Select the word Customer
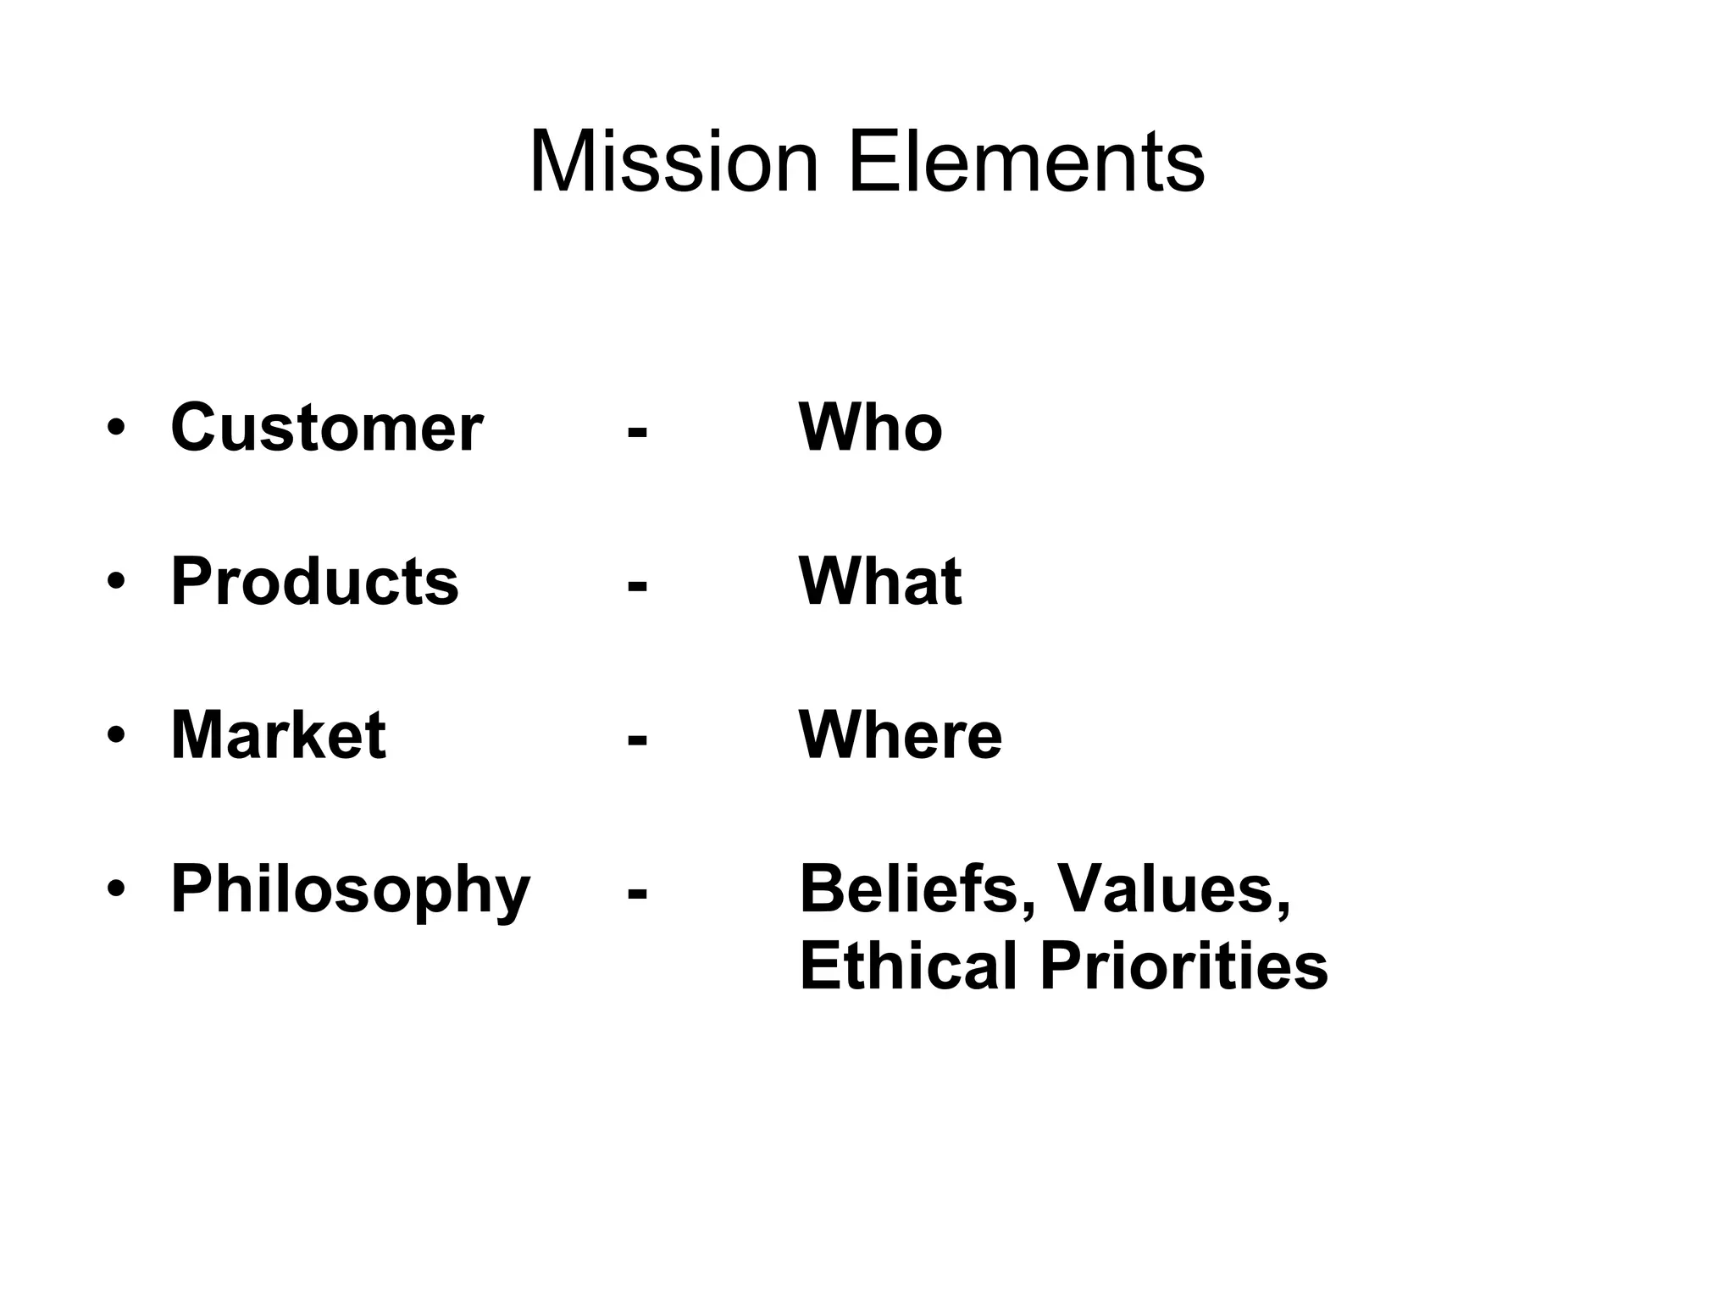[x=326, y=428]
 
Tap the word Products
[x=314, y=582]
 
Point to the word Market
[x=278, y=735]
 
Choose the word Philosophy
[x=350, y=891]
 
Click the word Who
[x=870, y=428]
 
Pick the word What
[x=880, y=582]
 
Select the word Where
[x=900, y=735]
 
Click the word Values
[x=1174, y=889]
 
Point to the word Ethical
[x=907, y=966]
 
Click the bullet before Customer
[x=116, y=429]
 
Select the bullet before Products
[x=116, y=583]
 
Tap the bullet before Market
[x=116, y=736]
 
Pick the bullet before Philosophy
[x=116, y=889]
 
